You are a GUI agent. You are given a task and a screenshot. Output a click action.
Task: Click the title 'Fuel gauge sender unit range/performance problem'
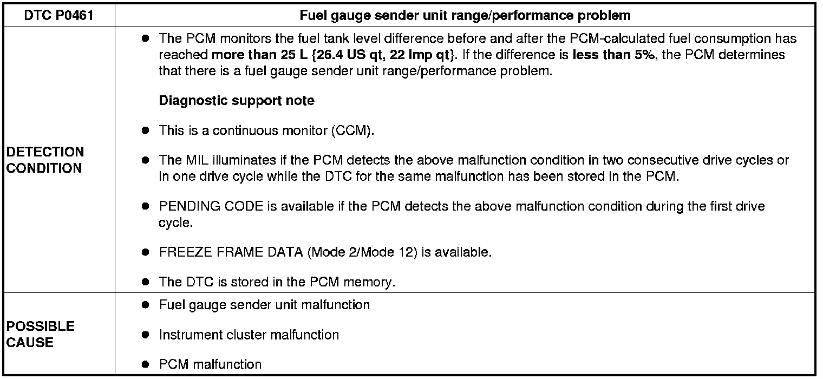465,16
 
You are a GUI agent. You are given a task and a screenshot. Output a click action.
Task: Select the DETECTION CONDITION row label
45,160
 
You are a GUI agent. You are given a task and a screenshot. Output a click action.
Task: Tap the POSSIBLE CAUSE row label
41,334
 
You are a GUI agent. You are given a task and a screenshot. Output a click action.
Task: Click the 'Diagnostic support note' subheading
237,101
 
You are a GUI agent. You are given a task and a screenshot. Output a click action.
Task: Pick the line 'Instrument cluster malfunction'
249,335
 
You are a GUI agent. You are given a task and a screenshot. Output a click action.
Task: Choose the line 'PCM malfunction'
210,364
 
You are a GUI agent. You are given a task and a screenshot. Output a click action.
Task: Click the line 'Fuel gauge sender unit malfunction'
264,305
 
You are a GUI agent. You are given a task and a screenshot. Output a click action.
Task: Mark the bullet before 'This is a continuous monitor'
145,131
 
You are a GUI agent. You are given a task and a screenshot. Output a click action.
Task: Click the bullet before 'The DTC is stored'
145,282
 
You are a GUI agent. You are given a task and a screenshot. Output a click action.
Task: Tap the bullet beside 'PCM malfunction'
145,364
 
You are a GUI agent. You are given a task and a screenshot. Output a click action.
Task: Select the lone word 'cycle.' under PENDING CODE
175,223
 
